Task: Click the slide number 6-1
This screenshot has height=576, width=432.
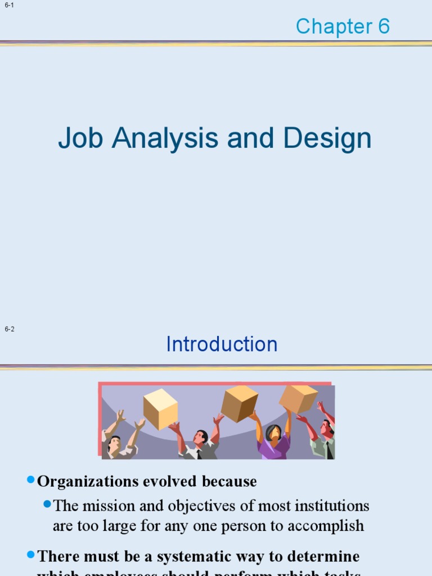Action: coord(9,6)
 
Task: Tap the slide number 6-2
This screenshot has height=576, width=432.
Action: coord(9,329)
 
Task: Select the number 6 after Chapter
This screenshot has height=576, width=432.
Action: coord(384,26)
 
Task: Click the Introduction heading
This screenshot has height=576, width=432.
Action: coord(222,344)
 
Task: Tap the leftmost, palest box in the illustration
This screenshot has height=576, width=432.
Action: coord(160,409)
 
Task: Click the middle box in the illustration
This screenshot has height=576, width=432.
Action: coord(239,403)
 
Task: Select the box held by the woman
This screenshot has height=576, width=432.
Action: coord(298,398)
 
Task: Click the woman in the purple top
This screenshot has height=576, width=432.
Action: coord(273,442)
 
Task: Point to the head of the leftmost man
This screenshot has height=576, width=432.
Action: coord(114,444)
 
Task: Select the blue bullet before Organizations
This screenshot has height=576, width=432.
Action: coord(31,480)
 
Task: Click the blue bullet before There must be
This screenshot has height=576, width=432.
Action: coord(31,555)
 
